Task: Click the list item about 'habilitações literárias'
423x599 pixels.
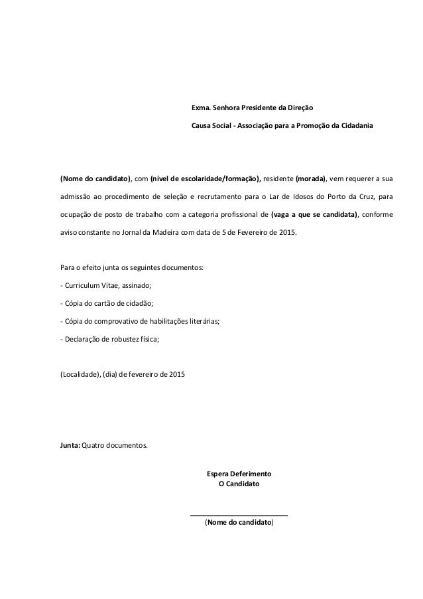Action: (x=140, y=322)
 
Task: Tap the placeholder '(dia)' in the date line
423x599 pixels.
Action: (x=108, y=373)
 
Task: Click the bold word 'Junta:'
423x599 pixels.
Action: (x=70, y=444)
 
